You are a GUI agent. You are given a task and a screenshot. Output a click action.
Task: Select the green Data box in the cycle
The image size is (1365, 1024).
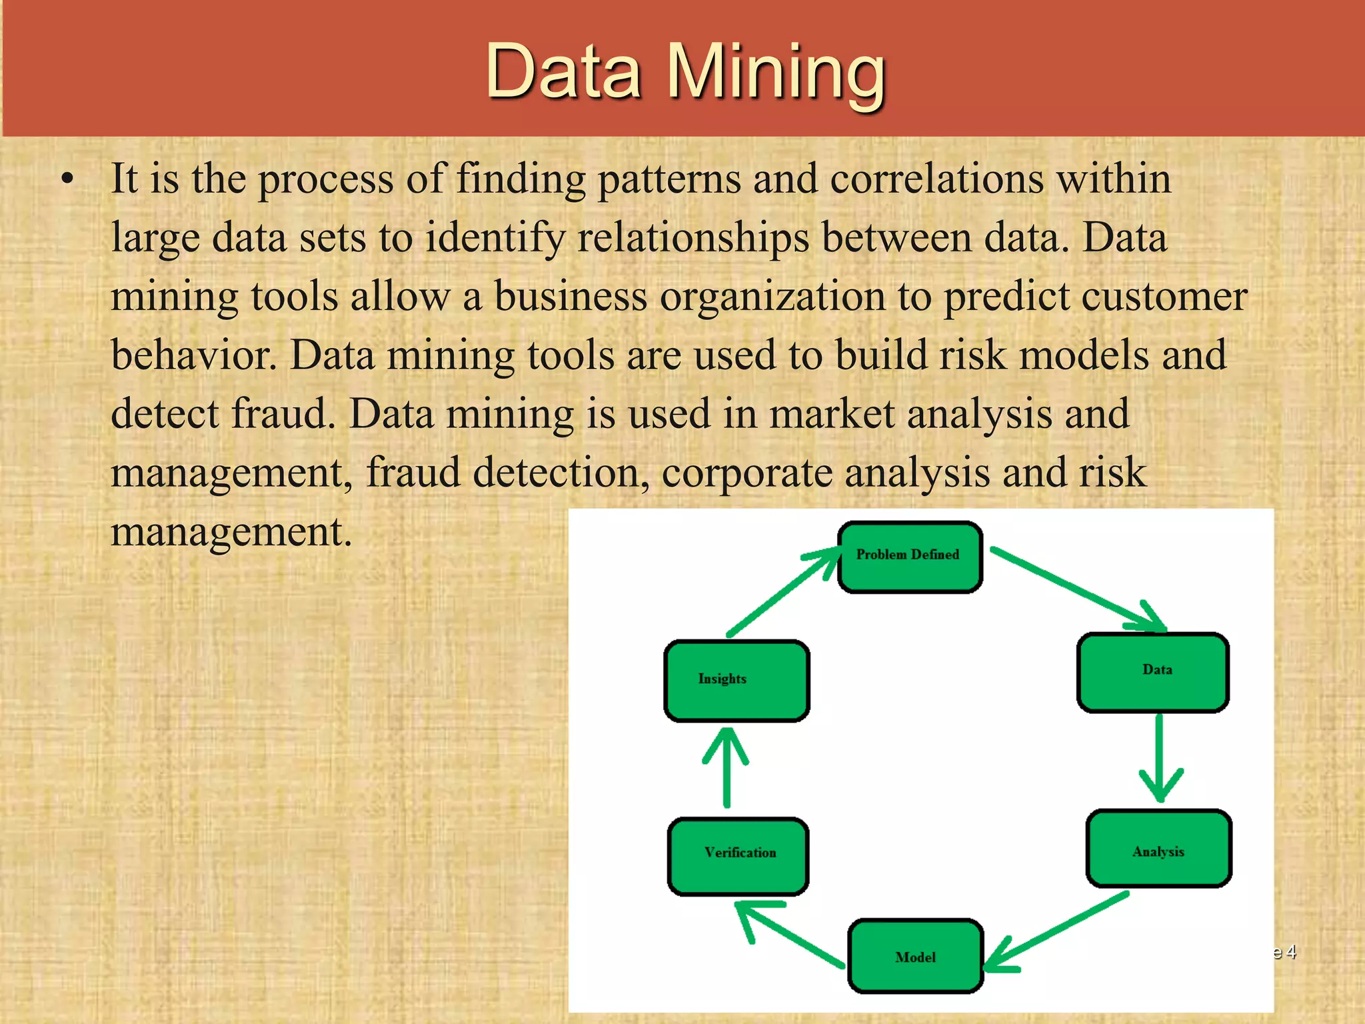1153,673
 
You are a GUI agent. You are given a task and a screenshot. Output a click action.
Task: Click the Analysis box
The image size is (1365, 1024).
1158,849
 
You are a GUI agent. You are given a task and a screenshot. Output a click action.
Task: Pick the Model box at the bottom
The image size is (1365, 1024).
916,956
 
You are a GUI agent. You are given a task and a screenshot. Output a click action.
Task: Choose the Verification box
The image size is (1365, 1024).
738,856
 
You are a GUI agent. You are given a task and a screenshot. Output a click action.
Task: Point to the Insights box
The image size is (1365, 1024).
736,681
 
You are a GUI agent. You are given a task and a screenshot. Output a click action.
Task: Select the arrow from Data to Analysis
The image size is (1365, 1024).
1160,760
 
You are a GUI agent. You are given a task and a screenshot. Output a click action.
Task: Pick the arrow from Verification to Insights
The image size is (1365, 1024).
726,767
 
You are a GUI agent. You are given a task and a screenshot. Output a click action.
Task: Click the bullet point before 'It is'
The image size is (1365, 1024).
67,179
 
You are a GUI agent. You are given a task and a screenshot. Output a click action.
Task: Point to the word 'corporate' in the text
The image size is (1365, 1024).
747,473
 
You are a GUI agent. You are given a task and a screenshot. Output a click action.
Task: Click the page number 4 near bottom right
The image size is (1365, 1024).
1291,951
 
